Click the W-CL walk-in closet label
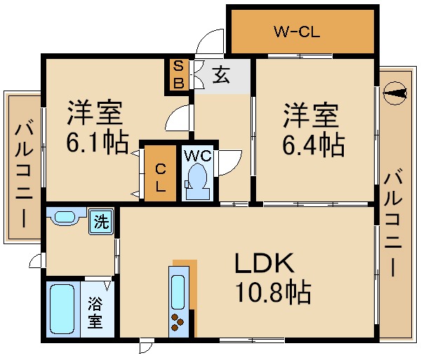[x=297, y=31]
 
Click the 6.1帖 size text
[x=97, y=144]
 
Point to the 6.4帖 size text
[x=313, y=145]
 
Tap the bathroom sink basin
[x=65, y=218]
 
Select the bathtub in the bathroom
[x=62, y=309]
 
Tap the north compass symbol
[x=395, y=93]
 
